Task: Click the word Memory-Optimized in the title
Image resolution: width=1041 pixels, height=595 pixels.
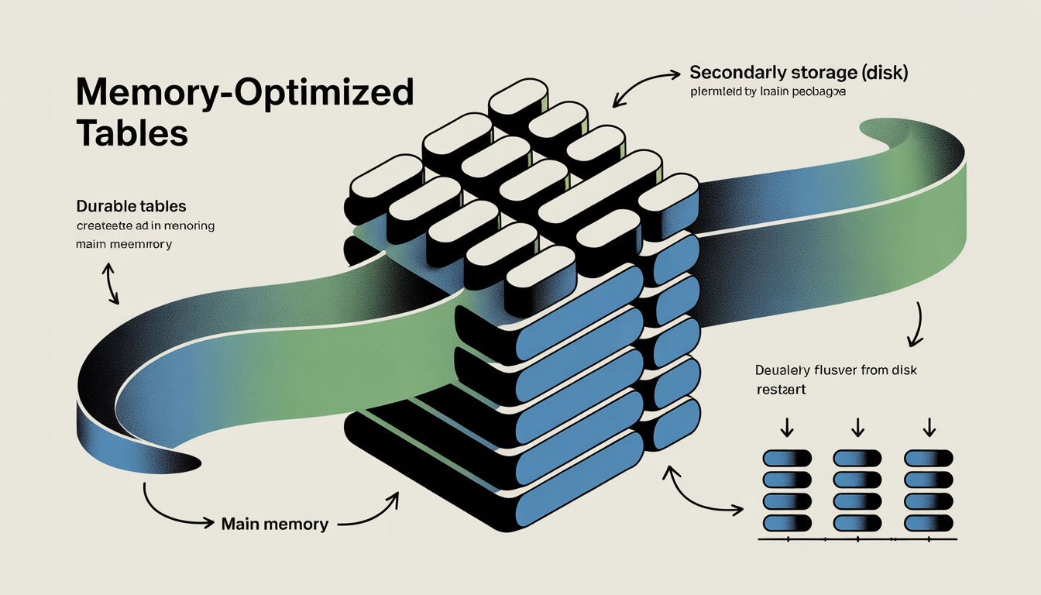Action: [245, 93]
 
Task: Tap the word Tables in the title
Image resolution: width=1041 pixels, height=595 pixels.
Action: [132, 132]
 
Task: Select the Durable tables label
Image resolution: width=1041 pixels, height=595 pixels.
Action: [131, 207]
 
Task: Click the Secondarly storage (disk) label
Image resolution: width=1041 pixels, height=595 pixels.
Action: [799, 74]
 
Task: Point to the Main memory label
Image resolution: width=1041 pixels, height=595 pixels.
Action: [274, 524]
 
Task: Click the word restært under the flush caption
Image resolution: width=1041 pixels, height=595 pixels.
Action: [782, 390]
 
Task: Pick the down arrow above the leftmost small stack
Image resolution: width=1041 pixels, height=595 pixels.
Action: [786, 427]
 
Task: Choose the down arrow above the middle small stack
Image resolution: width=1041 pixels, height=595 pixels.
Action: [857, 427]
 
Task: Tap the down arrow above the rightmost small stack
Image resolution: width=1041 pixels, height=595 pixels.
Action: [929, 427]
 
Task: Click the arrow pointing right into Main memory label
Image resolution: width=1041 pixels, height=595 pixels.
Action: [178, 512]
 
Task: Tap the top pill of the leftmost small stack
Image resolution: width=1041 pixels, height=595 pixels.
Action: [787, 458]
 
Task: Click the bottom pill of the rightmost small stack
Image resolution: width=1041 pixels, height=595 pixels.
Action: [929, 523]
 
